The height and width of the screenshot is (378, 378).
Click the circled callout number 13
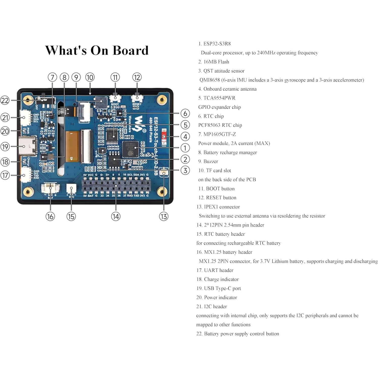(164, 216)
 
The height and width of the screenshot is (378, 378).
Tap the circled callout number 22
(5, 100)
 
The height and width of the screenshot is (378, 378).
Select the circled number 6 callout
(185, 113)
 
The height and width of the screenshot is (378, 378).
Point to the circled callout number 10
(90, 77)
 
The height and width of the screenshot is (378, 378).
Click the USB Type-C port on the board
(28, 146)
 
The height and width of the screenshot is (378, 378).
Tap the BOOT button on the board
(115, 98)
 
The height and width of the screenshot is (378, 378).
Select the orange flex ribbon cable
(72, 146)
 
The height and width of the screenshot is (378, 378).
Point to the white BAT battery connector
(50, 188)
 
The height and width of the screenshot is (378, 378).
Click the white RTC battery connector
(71, 189)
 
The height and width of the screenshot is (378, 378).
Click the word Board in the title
(130, 50)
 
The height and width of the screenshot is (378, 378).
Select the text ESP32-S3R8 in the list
(217, 44)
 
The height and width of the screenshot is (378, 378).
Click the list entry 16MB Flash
(216, 62)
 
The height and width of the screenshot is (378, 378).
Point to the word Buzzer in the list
(211, 162)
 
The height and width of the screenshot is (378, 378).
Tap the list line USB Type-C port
(222, 288)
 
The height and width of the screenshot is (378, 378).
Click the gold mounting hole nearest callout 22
(28, 100)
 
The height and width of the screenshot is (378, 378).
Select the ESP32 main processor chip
(130, 149)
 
